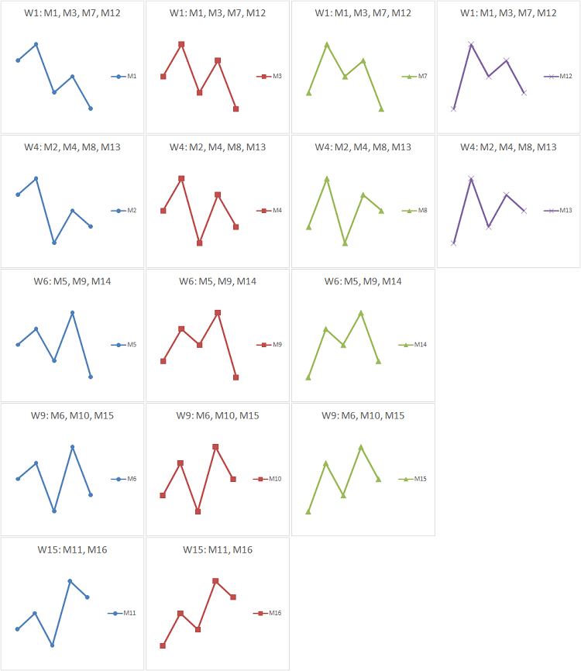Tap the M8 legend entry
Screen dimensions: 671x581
(x=414, y=210)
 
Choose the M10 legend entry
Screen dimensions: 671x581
(x=269, y=479)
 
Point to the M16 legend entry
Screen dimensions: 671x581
(x=269, y=613)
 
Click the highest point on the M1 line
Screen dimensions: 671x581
(x=36, y=44)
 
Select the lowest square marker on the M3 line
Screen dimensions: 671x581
(x=235, y=108)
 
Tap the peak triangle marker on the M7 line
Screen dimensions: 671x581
(x=327, y=44)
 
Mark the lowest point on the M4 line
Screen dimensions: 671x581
(x=199, y=243)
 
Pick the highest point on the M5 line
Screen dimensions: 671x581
(x=72, y=312)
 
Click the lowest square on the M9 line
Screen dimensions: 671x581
(x=235, y=377)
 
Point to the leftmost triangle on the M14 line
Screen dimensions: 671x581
(x=308, y=377)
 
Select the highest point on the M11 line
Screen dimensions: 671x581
(x=70, y=580)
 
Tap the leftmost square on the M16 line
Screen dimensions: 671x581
(x=163, y=645)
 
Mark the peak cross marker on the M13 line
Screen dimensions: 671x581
(x=471, y=178)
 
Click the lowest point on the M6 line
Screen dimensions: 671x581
(x=54, y=511)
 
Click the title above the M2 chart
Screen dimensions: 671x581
(x=73, y=147)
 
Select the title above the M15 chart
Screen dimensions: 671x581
(x=363, y=415)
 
